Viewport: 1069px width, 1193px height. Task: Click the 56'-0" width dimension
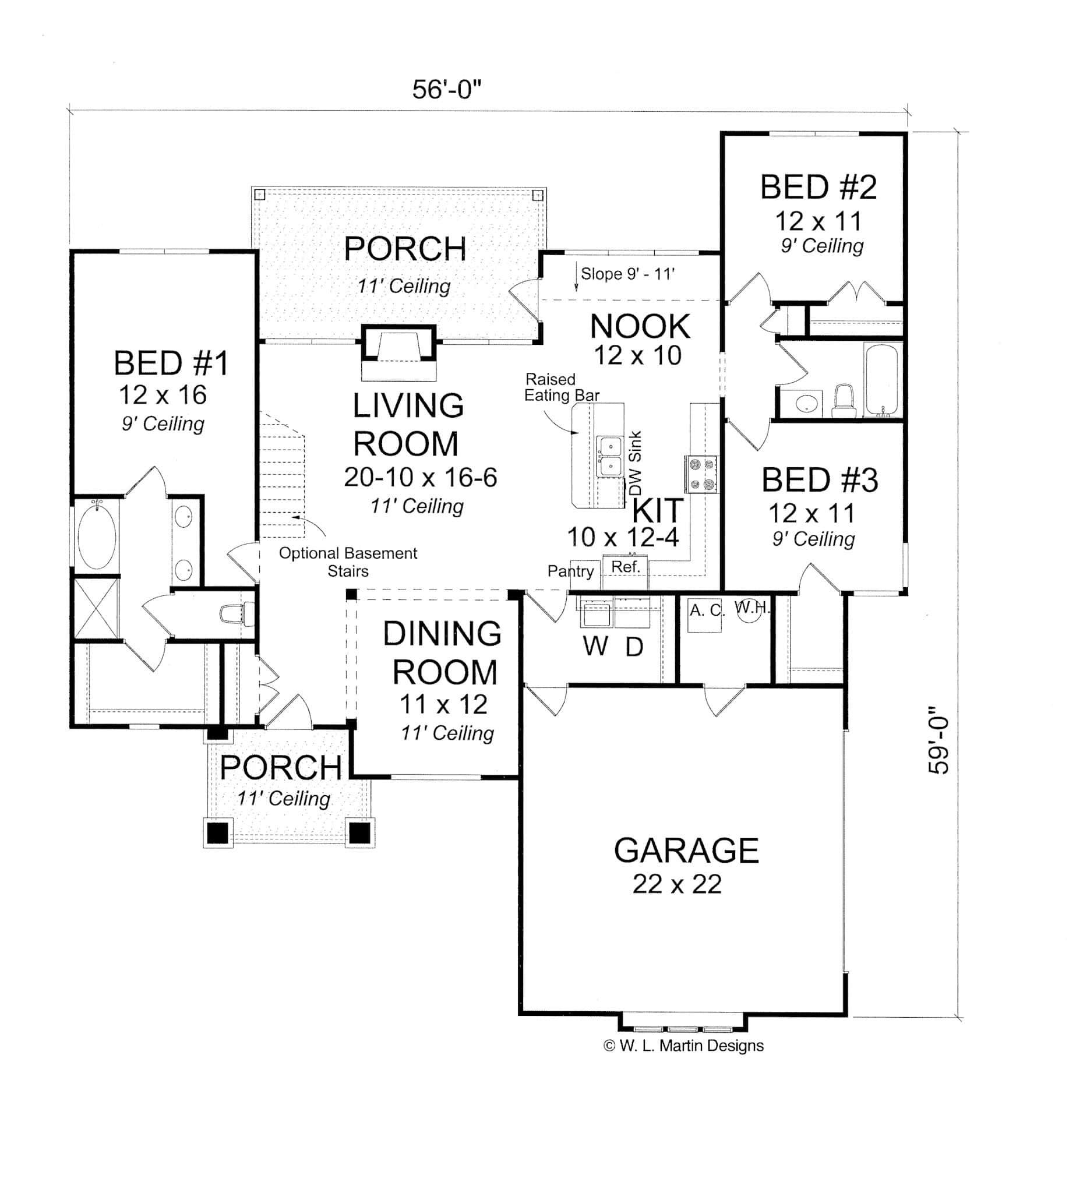coord(446,90)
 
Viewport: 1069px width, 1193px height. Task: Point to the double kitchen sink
coord(611,457)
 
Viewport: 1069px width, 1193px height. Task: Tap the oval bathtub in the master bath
coord(97,537)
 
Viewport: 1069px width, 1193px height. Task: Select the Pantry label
coord(570,571)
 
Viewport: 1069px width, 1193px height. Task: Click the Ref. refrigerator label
coord(625,567)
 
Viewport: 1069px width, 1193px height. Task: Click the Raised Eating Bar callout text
coord(561,388)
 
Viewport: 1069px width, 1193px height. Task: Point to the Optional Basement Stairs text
coord(348,562)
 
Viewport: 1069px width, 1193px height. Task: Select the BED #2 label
coord(818,188)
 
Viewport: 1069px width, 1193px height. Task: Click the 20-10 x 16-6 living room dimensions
coord(420,478)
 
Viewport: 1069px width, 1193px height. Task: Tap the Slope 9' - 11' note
coord(627,274)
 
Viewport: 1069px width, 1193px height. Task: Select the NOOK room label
coord(640,326)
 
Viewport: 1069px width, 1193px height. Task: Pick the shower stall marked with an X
coord(95,608)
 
